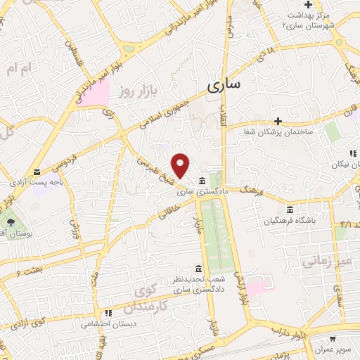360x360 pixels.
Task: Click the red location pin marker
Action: [x=181, y=165]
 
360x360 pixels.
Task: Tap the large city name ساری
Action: [x=224, y=84]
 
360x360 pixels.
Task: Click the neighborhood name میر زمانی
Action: [x=325, y=262]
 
